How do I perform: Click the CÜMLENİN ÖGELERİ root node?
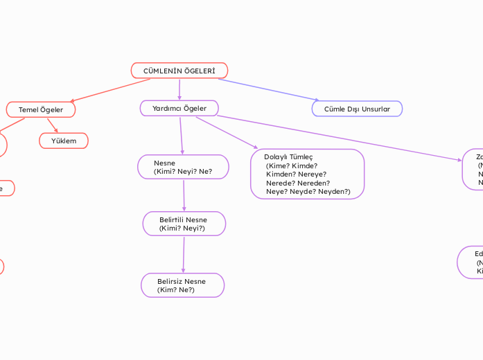[179, 71]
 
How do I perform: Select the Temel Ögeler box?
[41, 109]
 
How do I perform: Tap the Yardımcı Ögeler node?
[179, 108]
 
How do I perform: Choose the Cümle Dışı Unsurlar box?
[357, 109]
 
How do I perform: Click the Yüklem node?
[64, 141]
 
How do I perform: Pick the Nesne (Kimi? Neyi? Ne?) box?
[183, 167]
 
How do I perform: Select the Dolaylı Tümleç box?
[307, 174]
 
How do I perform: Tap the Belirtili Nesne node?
[184, 224]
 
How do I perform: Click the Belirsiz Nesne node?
[182, 285]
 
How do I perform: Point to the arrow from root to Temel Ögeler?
[111, 90]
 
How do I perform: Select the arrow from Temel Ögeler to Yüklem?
[52, 125]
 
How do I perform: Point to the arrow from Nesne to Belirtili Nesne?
[184, 195]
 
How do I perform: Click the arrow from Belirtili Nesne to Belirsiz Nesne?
[184, 254]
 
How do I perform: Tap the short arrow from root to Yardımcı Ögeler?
[179, 89]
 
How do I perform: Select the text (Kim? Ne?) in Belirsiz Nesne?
[177, 290]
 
